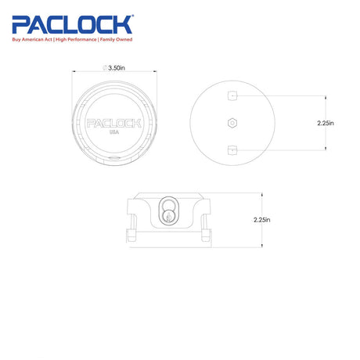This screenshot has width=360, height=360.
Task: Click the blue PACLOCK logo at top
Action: (x=72, y=24)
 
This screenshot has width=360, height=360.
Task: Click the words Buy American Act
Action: (x=32, y=40)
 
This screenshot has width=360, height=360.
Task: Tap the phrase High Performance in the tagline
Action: (x=76, y=40)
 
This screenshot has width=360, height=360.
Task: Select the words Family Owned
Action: (x=116, y=40)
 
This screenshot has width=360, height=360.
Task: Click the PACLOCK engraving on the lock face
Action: (x=114, y=124)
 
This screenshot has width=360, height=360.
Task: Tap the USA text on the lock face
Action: (x=114, y=132)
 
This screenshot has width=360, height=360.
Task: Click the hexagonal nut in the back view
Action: (x=232, y=123)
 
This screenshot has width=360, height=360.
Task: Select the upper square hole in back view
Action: (x=232, y=95)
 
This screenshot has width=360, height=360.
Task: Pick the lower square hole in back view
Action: (x=232, y=150)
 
